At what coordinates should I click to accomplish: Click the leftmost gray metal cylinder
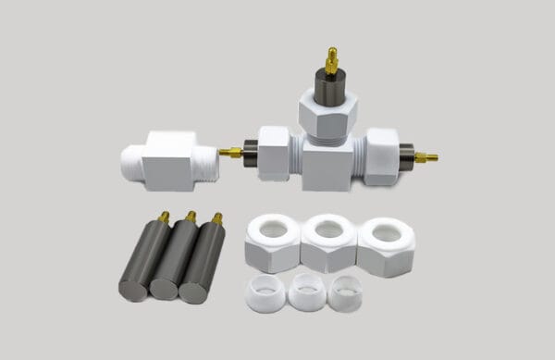coord(142,261)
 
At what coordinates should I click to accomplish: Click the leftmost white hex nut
coord(273,242)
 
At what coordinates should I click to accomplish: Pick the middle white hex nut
coord(328,242)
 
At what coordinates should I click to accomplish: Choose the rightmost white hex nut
coord(386,244)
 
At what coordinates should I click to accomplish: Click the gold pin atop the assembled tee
coord(331,60)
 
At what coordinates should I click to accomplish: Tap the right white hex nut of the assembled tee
coord(381,156)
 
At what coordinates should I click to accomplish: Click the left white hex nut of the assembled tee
coord(274,152)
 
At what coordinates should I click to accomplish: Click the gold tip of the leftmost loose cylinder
coord(164,217)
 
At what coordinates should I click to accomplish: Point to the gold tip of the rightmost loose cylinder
coord(217,219)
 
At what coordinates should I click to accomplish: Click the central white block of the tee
coord(327,167)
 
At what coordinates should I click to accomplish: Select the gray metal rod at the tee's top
coord(328,88)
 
